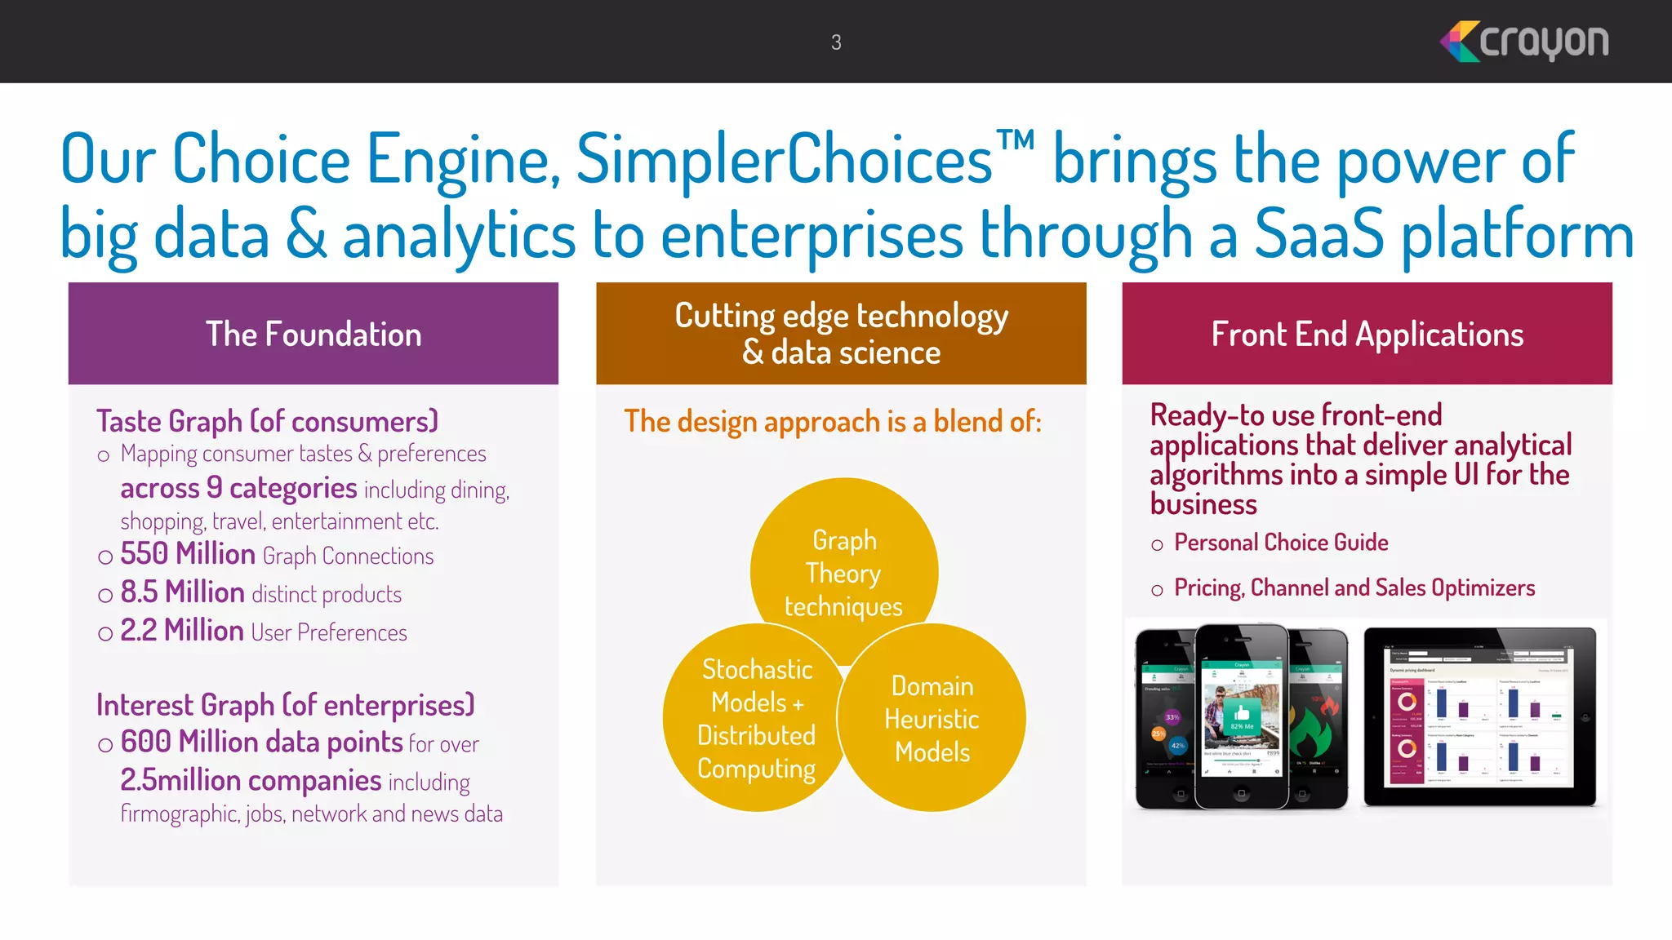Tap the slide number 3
coord(836,42)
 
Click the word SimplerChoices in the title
coord(784,159)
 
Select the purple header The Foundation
coord(313,334)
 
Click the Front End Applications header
coord(1367,334)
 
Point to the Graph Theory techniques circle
coord(844,563)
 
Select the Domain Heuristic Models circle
coord(932,718)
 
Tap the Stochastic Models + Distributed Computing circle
coord(755,718)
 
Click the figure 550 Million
coord(188,554)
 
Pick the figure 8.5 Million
coord(182,592)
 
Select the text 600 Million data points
coord(261,742)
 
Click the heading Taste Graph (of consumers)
coord(267,421)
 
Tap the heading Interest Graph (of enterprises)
coord(285,705)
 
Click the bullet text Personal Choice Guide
coord(1280,543)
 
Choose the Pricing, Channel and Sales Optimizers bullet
coord(1354,587)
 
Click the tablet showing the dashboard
coord(1479,716)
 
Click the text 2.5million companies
coord(251,781)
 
